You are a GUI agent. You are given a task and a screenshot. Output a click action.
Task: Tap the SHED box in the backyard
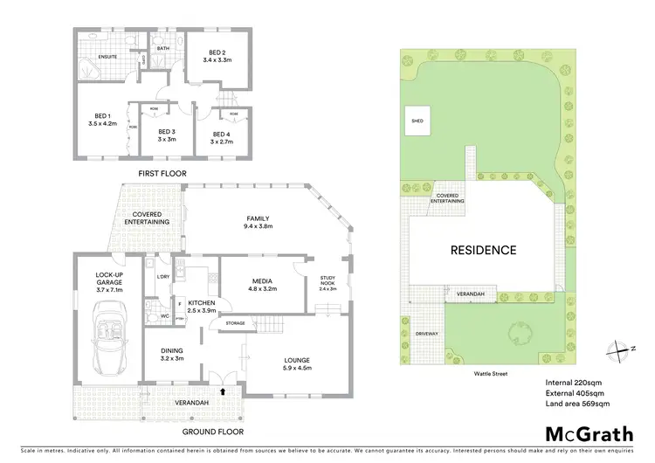(417, 121)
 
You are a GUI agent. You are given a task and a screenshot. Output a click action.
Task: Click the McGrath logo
(584, 433)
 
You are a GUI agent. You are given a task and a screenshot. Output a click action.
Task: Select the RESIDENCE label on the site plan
(483, 250)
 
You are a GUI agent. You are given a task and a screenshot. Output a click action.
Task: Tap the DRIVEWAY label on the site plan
(426, 334)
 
